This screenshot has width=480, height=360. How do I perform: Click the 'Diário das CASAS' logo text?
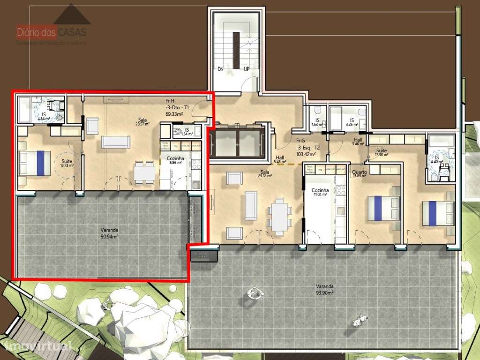[x=52, y=33]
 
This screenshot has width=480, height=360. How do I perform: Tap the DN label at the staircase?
[x=220, y=68]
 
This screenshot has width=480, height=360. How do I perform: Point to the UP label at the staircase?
[x=247, y=68]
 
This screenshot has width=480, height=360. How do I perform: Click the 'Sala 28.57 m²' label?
[x=142, y=122]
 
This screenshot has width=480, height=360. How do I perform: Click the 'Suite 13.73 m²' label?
[x=67, y=163]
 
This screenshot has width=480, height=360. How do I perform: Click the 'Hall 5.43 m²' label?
[x=280, y=160]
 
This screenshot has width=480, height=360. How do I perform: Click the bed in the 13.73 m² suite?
[x=35, y=163]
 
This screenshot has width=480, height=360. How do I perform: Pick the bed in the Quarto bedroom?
[x=384, y=208]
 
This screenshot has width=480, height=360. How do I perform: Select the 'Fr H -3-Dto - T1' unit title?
[x=173, y=107]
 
